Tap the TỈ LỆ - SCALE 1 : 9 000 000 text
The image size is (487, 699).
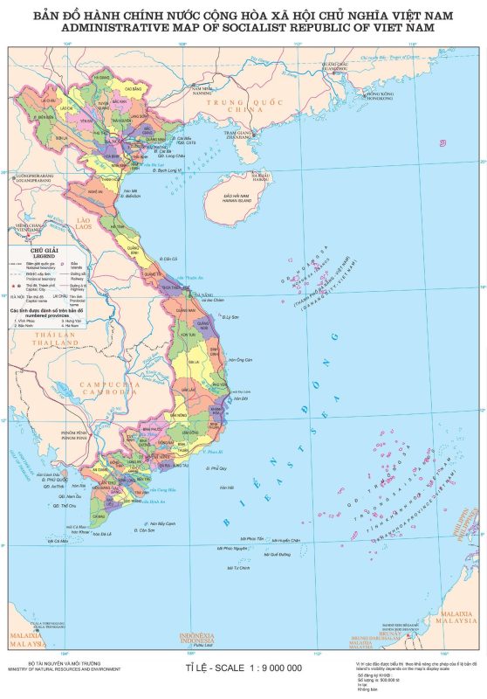pyautogui.click(x=243, y=668)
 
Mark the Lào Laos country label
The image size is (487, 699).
pyautogui.click(x=84, y=224)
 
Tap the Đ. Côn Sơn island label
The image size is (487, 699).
pyautogui.click(x=145, y=529)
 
